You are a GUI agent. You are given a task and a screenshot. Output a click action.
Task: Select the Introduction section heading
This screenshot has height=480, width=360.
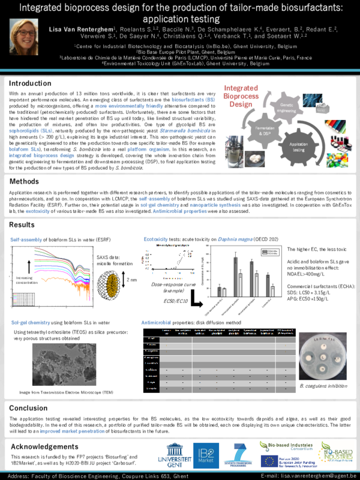(30, 83)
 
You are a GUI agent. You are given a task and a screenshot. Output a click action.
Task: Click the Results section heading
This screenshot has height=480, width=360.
(22, 224)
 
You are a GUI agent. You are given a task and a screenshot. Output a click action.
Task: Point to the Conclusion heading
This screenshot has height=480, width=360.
(29, 408)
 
